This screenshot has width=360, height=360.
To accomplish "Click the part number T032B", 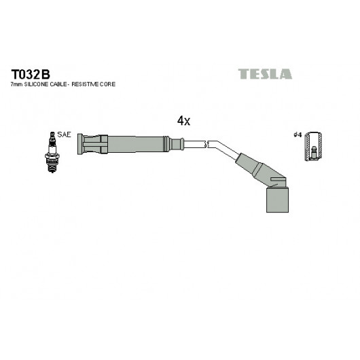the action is (x=31, y=75).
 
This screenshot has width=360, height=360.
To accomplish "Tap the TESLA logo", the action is (x=265, y=74).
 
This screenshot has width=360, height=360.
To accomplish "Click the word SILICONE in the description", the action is (x=36, y=84).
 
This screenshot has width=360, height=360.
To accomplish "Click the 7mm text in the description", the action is (x=16, y=84).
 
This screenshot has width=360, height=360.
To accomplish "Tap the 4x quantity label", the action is (x=183, y=120).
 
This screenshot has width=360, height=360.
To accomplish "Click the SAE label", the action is (x=64, y=134).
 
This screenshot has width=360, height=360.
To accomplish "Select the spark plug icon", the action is (x=52, y=152).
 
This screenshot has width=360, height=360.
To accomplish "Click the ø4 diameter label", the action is (x=298, y=134).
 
